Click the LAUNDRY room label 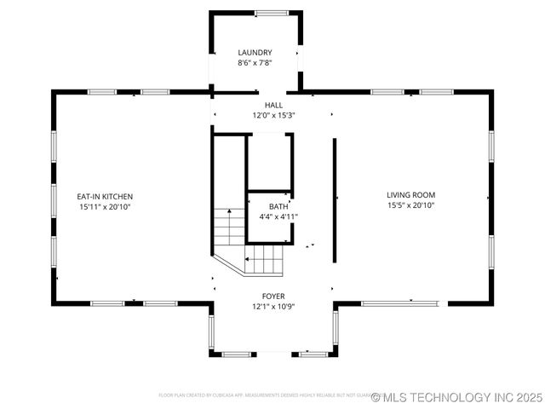coord(255,53)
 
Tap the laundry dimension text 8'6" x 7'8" coord(255,63)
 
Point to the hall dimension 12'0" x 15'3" coord(272,115)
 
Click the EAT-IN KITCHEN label coord(105,196)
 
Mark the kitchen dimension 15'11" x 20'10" coord(105,206)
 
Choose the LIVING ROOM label coord(410,195)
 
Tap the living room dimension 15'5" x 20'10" coord(410,205)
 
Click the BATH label coord(278,206)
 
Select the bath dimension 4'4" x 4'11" coord(278,216)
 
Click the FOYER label coord(272,296)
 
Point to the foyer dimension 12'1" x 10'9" coord(272,306)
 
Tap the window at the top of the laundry coord(272,13)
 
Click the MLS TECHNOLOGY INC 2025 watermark coord(457,397)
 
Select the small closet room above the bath coord(270,162)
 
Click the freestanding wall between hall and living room coord(334,201)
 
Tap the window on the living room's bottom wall coord(400,302)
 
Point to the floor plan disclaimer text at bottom coord(264,395)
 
